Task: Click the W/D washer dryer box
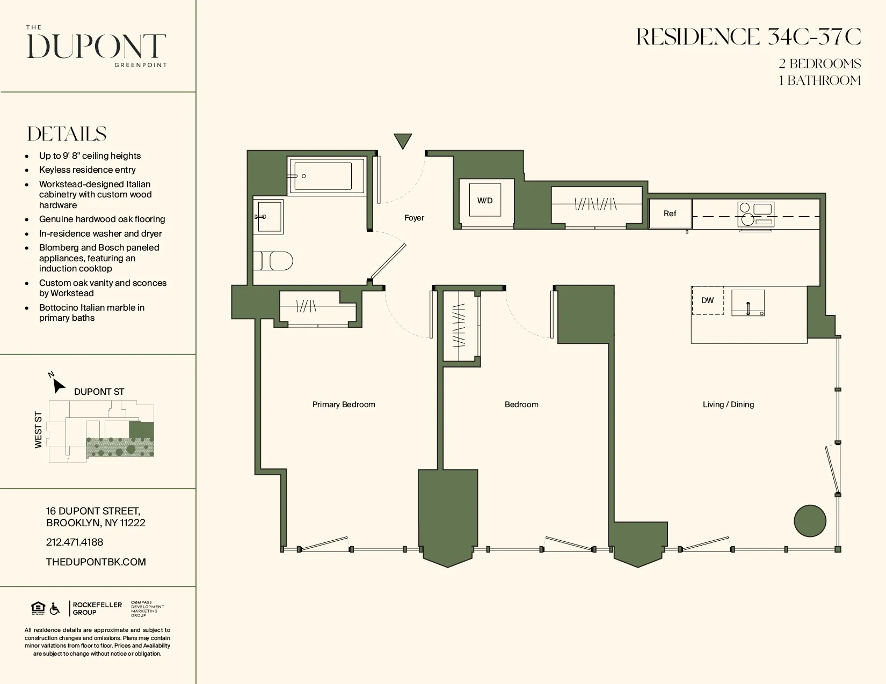485,200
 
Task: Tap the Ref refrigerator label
670,214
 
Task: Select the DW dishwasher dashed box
707,300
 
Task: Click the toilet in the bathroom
274,261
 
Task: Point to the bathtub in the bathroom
326,175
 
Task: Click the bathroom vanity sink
268,217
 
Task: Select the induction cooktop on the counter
756,214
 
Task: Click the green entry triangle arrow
403,141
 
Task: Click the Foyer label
414,218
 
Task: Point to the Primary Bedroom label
344,404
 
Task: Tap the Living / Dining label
728,404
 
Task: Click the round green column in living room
810,520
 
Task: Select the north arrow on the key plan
57,385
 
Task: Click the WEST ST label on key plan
38,430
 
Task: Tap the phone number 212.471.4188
75,542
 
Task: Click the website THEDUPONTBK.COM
96,562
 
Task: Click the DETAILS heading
67,134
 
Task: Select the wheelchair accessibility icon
55,608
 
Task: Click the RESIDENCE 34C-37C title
749,37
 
